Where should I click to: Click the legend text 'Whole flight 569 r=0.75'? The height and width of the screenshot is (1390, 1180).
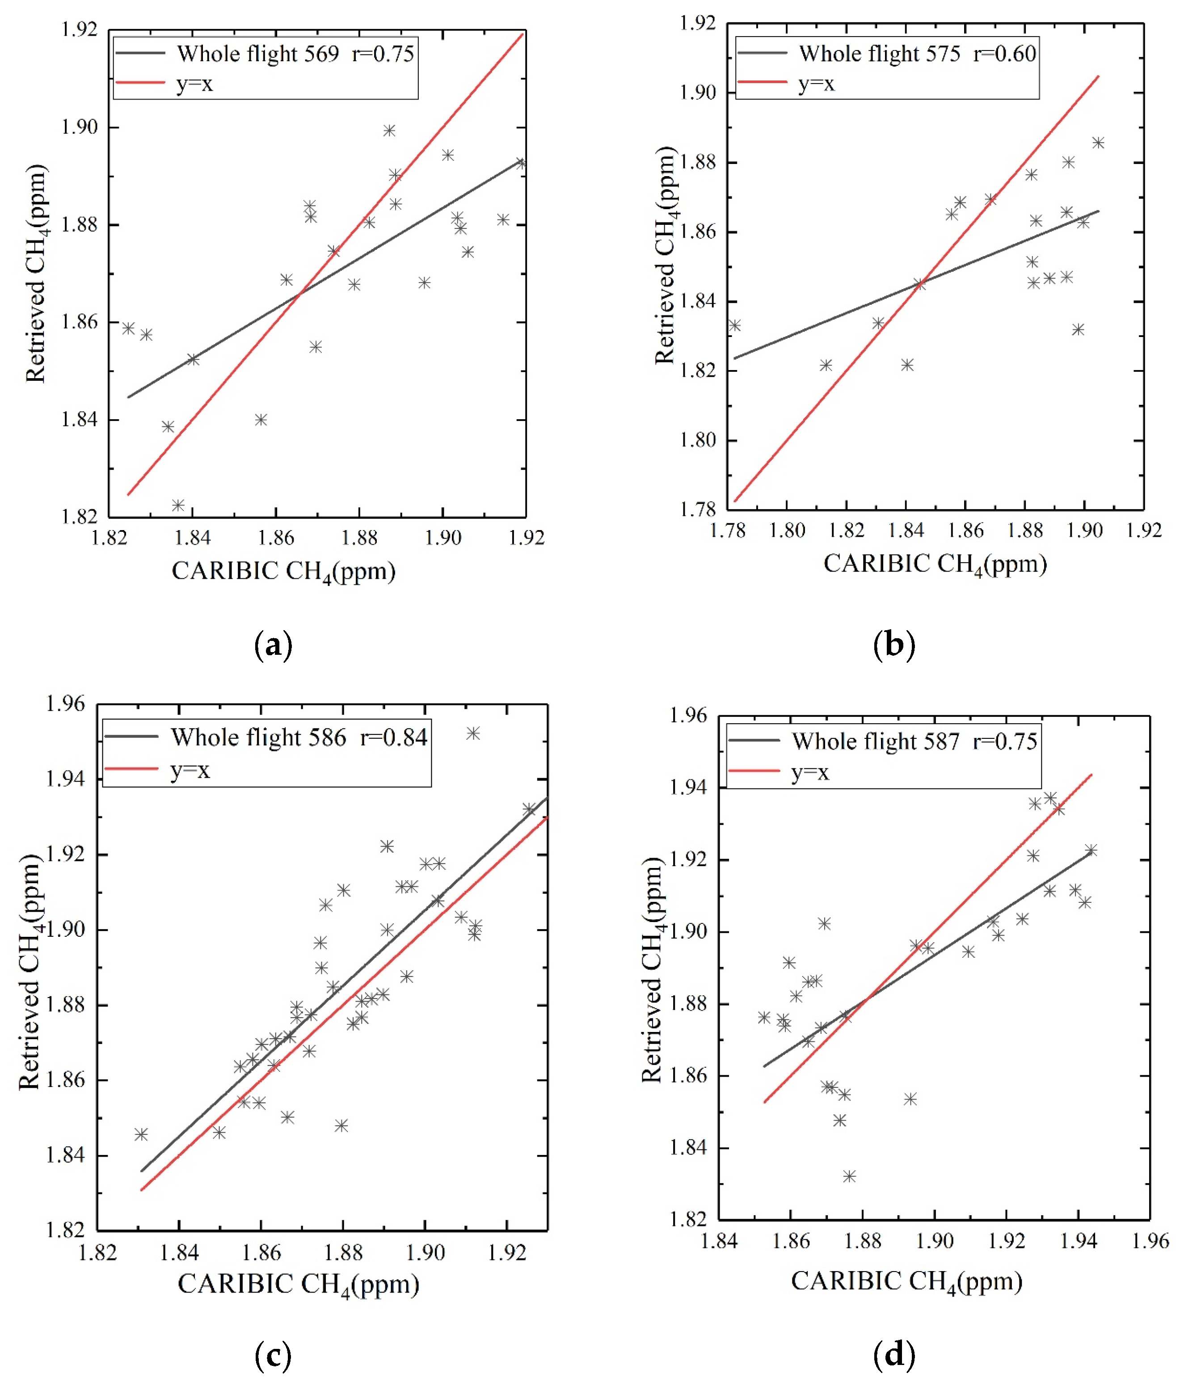(x=295, y=54)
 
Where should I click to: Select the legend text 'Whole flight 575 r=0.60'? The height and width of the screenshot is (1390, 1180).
(x=917, y=54)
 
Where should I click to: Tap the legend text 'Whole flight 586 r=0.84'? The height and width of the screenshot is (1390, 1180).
(x=298, y=737)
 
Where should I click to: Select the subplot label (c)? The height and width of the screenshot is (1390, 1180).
(x=274, y=1356)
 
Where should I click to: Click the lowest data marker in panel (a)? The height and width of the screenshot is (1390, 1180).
(x=178, y=505)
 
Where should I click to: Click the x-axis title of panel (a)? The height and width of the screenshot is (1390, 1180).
(x=284, y=572)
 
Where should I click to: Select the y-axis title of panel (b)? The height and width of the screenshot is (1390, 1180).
(x=666, y=256)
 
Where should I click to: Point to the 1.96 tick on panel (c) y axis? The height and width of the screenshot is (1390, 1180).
(x=66, y=703)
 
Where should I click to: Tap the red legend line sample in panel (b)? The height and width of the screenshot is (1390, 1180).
(x=763, y=82)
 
